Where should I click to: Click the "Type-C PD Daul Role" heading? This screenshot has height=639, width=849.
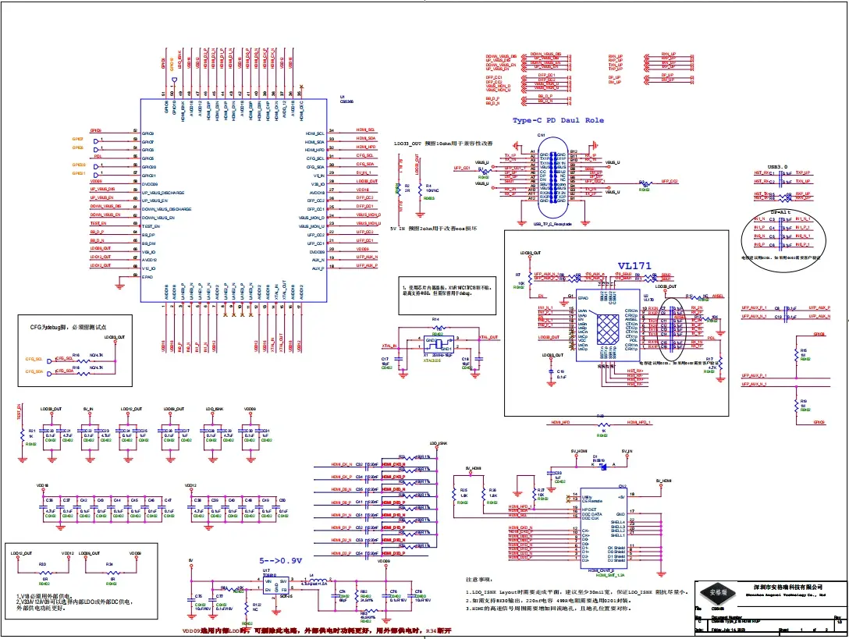click(x=558, y=121)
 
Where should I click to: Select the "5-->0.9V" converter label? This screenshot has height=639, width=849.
click(x=280, y=560)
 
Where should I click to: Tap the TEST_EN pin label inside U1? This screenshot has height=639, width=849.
click(x=151, y=224)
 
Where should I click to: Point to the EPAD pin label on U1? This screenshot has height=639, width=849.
click(x=147, y=276)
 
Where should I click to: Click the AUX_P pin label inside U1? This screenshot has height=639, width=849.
click(x=318, y=268)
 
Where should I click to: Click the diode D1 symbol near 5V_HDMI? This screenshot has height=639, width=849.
click(x=595, y=463)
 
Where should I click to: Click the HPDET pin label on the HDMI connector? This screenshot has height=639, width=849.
click(x=590, y=509)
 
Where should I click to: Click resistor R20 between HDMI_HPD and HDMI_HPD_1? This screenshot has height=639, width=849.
click(x=601, y=423)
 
